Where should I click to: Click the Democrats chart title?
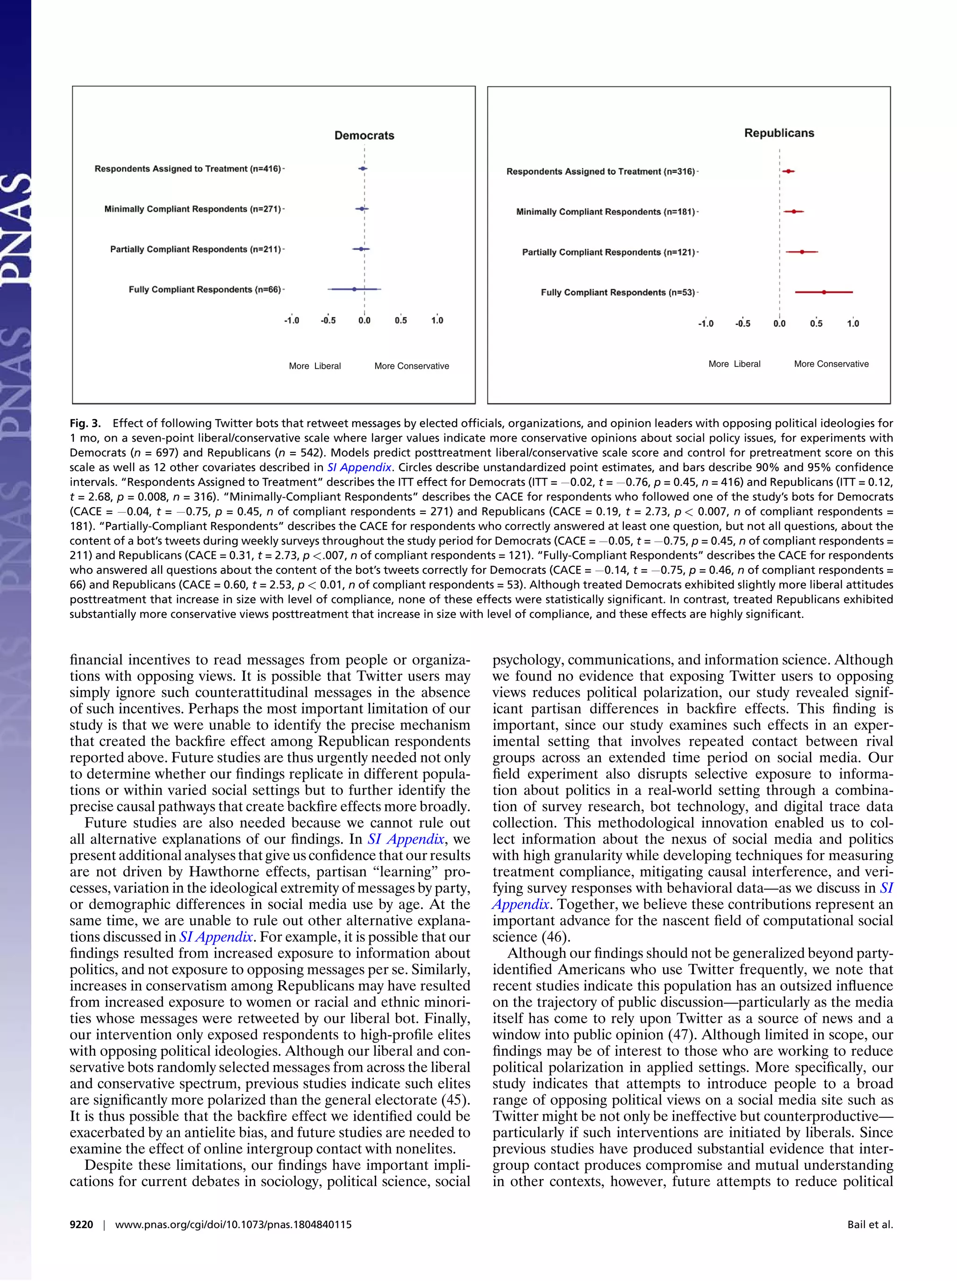(x=364, y=136)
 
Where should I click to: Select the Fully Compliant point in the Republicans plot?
(x=824, y=293)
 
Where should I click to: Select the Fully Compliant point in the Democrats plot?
(x=354, y=288)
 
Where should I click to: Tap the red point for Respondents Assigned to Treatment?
(x=788, y=172)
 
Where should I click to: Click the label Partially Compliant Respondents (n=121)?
(x=608, y=252)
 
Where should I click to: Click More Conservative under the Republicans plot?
(x=831, y=364)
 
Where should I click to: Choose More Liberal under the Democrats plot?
(x=314, y=366)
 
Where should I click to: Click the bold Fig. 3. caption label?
(x=85, y=423)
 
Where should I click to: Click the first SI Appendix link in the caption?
(x=359, y=467)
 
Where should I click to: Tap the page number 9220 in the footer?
(x=81, y=1225)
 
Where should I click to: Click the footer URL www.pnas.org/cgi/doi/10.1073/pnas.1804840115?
(x=233, y=1225)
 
